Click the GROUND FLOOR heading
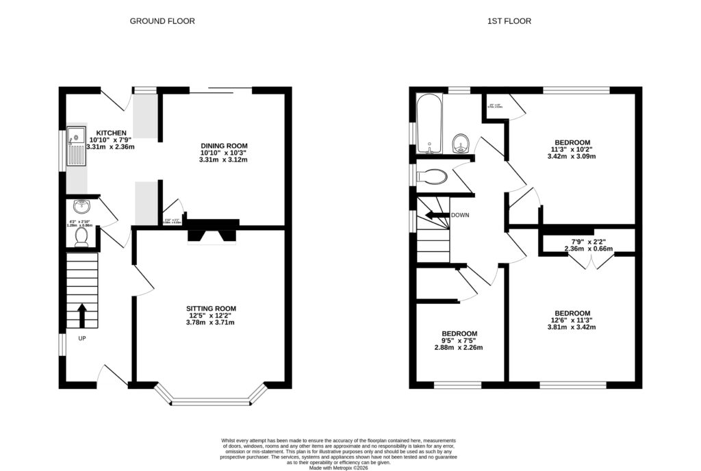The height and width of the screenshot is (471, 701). (162, 21)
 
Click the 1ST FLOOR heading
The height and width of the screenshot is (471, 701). (509, 21)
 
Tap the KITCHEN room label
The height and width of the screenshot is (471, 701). (110, 133)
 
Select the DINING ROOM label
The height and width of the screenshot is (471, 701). (224, 146)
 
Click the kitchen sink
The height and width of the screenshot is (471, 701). (76, 148)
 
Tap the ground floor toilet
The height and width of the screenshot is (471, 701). (81, 236)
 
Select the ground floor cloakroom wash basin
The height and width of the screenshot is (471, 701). (81, 205)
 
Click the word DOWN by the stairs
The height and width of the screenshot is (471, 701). (460, 215)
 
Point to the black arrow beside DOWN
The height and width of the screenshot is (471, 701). (434, 216)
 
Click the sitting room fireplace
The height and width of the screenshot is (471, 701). (211, 234)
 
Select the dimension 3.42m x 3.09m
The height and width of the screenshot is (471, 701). (571, 156)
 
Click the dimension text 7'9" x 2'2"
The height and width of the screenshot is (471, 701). (588, 242)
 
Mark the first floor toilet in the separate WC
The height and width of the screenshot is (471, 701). (431, 177)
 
